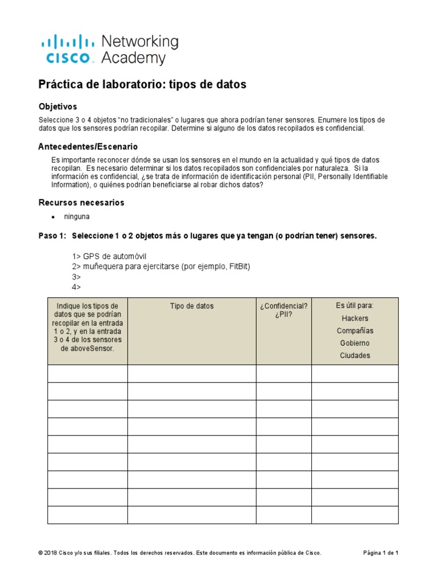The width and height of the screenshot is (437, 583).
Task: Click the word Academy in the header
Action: (133, 58)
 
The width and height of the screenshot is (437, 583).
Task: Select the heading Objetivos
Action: (57, 106)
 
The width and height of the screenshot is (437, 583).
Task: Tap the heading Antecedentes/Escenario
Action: (88, 146)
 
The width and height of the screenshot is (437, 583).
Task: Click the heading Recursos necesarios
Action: (81, 203)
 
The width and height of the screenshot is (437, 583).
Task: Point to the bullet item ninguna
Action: (77, 217)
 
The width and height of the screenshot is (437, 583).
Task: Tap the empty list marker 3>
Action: (76, 277)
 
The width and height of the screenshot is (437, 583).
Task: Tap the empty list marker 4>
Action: (76, 287)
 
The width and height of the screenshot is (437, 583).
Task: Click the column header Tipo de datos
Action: (192, 306)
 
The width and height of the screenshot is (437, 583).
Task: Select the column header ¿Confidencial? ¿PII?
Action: (283, 310)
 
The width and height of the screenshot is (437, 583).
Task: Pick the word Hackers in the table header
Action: (354, 318)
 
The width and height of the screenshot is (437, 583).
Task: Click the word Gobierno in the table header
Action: (354, 343)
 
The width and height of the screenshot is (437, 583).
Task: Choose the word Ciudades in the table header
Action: (354, 356)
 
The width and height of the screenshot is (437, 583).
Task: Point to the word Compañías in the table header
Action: (354, 331)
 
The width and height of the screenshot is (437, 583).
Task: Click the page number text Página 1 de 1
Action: (381, 553)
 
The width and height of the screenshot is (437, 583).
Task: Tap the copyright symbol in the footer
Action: (40, 553)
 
